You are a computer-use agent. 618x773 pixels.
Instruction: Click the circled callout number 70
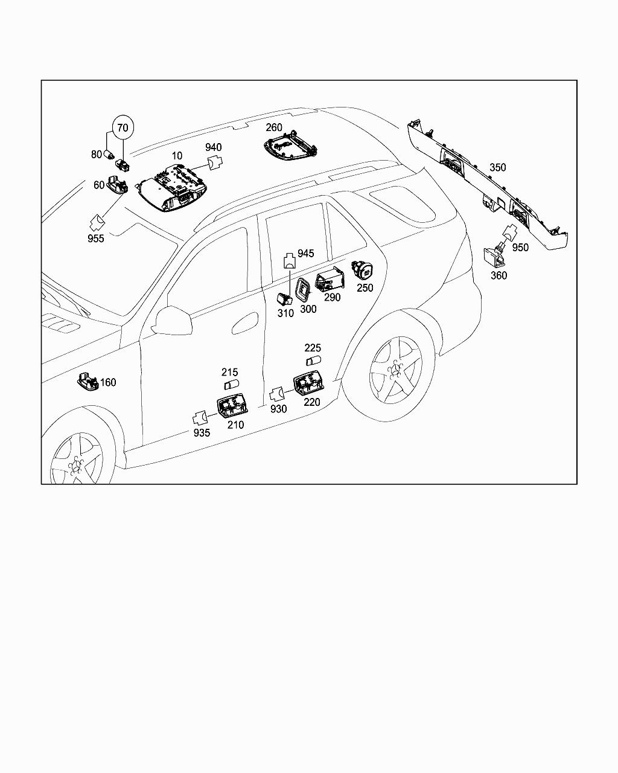click(x=123, y=127)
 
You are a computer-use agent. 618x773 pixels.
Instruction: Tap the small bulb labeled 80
click(x=109, y=155)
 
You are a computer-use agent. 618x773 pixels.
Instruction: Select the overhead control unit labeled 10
click(x=171, y=188)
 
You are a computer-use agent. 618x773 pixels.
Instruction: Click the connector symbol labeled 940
click(x=215, y=162)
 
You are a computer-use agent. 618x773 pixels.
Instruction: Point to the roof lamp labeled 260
click(x=290, y=145)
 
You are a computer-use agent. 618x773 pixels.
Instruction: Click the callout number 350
click(x=497, y=167)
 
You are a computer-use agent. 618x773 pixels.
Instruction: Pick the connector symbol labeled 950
click(x=509, y=233)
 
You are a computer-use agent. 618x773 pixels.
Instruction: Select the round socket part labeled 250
click(x=362, y=270)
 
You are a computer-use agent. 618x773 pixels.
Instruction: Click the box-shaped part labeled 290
click(x=330, y=280)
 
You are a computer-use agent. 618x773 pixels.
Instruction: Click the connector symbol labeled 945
click(x=290, y=261)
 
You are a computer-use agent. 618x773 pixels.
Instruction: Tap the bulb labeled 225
click(x=313, y=361)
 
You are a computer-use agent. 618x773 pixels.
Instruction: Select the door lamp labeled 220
click(x=309, y=383)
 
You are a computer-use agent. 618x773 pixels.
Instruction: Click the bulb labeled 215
click(x=232, y=385)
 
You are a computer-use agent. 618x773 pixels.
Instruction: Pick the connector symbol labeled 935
click(x=200, y=419)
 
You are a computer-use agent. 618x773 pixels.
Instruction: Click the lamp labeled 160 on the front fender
click(x=88, y=381)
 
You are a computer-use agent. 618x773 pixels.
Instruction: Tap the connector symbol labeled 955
click(x=96, y=223)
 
